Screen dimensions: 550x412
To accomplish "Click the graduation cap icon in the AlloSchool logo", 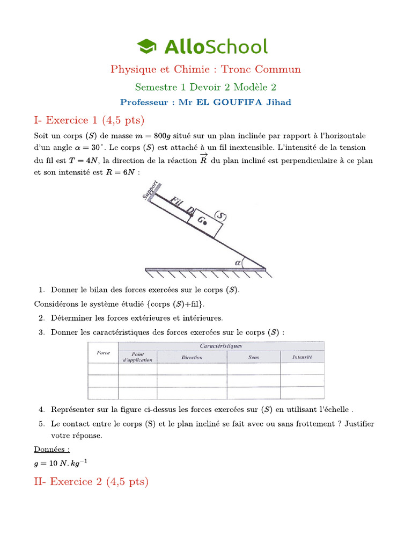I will [x=146, y=47].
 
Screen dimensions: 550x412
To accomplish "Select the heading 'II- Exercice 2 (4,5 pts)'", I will [x=91, y=481].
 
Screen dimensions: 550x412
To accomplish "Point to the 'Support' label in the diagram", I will [x=150, y=190].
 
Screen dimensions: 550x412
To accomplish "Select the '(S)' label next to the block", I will [x=220, y=216].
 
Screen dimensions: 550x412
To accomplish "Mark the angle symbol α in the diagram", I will [x=238, y=262].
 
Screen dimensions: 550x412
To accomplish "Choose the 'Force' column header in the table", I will [x=103, y=352].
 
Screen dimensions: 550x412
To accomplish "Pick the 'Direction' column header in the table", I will [x=192, y=357].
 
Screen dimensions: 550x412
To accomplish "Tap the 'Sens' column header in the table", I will [x=253, y=357].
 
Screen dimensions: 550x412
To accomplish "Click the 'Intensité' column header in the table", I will [x=302, y=357].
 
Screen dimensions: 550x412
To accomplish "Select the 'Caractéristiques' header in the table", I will [x=220, y=346].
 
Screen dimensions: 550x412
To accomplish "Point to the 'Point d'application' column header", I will [x=137, y=357].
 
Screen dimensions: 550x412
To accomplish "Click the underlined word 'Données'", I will [x=52, y=448].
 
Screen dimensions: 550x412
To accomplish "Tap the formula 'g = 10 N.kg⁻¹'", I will [x=56, y=462].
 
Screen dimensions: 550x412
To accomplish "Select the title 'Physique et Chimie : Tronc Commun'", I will [x=205, y=69].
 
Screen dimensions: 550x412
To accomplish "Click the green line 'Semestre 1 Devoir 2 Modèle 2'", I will [x=205, y=86].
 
